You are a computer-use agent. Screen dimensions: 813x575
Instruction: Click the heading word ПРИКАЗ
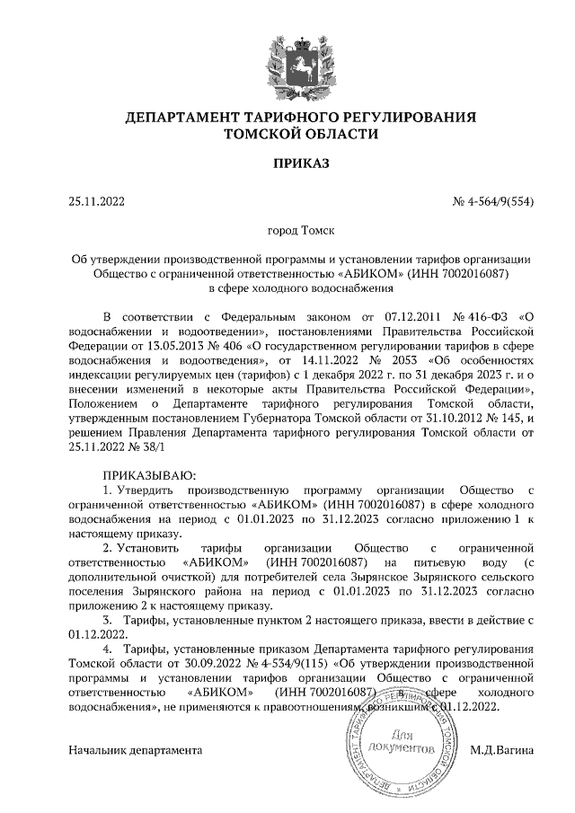[x=301, y=163]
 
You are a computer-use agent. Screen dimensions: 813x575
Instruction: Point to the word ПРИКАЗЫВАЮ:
[x=148, y=475]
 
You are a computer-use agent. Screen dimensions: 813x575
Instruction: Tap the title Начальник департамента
[x=136, y=749]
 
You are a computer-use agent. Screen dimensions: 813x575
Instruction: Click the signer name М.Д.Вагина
[x=502, y=749]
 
